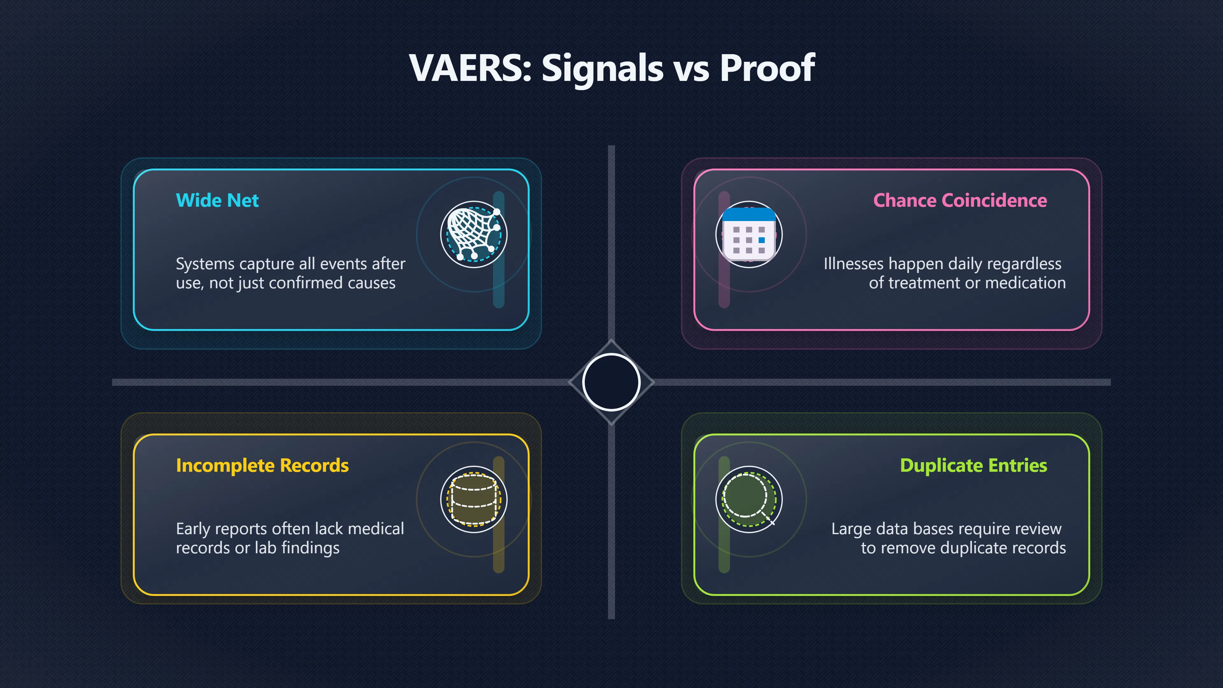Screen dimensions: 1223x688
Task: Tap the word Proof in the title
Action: tap(767, 68)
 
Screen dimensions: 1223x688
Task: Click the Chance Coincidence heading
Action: tap(960, 200)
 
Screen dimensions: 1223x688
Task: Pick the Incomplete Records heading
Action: tap(262, 465)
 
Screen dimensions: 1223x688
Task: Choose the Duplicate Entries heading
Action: tap(973, 465)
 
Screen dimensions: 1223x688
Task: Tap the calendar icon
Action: tap(749, 234)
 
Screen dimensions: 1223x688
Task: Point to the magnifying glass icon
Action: tap(749, 499)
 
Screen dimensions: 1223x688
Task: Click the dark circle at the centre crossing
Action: tap(611, 382)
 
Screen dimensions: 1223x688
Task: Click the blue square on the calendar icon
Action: tap(762, 240)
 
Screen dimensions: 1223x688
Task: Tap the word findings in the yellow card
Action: tap(311, 548)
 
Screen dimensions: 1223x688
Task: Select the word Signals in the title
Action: tap(602, 69)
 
